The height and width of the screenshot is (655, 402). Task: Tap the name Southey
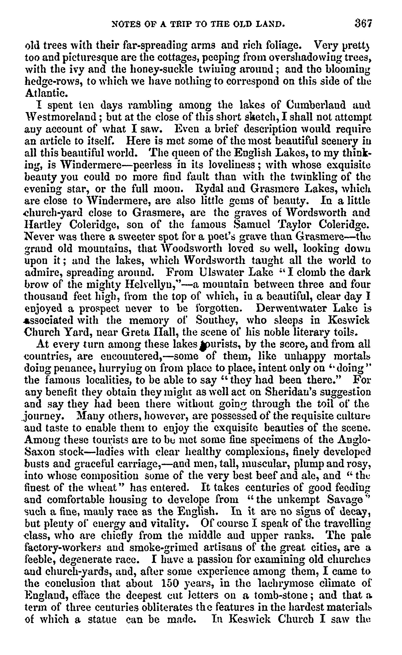[216, 320]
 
